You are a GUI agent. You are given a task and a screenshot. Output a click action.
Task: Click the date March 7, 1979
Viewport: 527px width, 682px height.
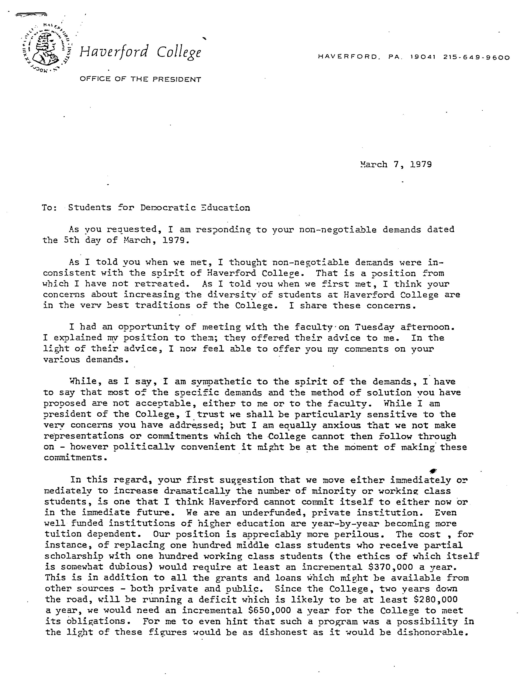396,165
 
